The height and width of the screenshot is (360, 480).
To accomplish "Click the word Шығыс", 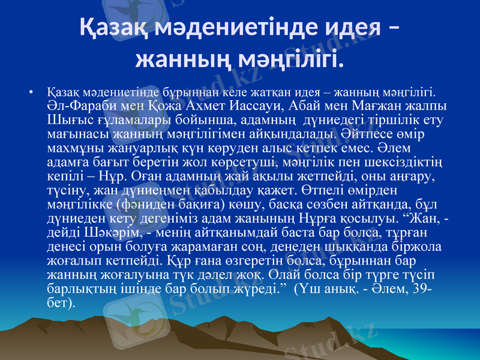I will (66, 121).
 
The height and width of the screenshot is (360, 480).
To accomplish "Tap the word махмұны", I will (75, 148).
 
